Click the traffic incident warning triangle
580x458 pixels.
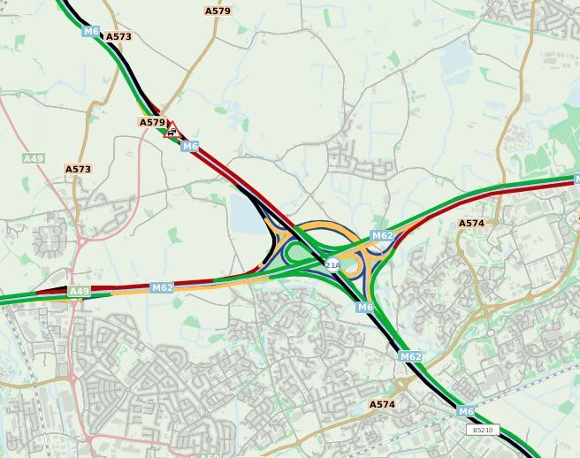171,131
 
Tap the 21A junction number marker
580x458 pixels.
332,264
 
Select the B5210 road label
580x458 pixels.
482,430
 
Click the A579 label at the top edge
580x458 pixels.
217,11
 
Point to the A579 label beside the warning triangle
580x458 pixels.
152,123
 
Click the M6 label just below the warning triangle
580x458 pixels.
190,146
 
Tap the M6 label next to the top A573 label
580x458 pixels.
91,31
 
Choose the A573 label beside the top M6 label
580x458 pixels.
118,37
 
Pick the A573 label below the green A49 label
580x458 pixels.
78,169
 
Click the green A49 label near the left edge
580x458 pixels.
33,158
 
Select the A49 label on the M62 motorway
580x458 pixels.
79,291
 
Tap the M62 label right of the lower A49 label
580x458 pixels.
162,287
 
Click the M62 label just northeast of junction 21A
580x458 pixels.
382,236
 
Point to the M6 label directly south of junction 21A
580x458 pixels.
365,307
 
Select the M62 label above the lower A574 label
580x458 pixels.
409,356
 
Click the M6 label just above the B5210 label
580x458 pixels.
466,411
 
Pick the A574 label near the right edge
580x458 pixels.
471,224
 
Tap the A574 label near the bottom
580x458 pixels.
382,404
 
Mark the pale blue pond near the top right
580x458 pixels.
457,57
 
